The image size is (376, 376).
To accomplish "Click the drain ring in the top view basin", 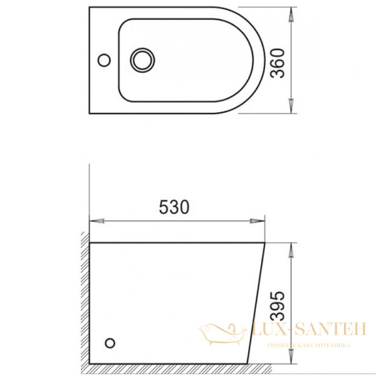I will click(142, 60).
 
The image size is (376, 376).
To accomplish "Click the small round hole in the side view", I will click(111, 343).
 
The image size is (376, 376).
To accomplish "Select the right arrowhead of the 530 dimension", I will click(257, 221).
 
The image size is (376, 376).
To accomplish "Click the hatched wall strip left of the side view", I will click(85, 301).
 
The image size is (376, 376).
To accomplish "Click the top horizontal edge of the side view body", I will click(175, 241).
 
